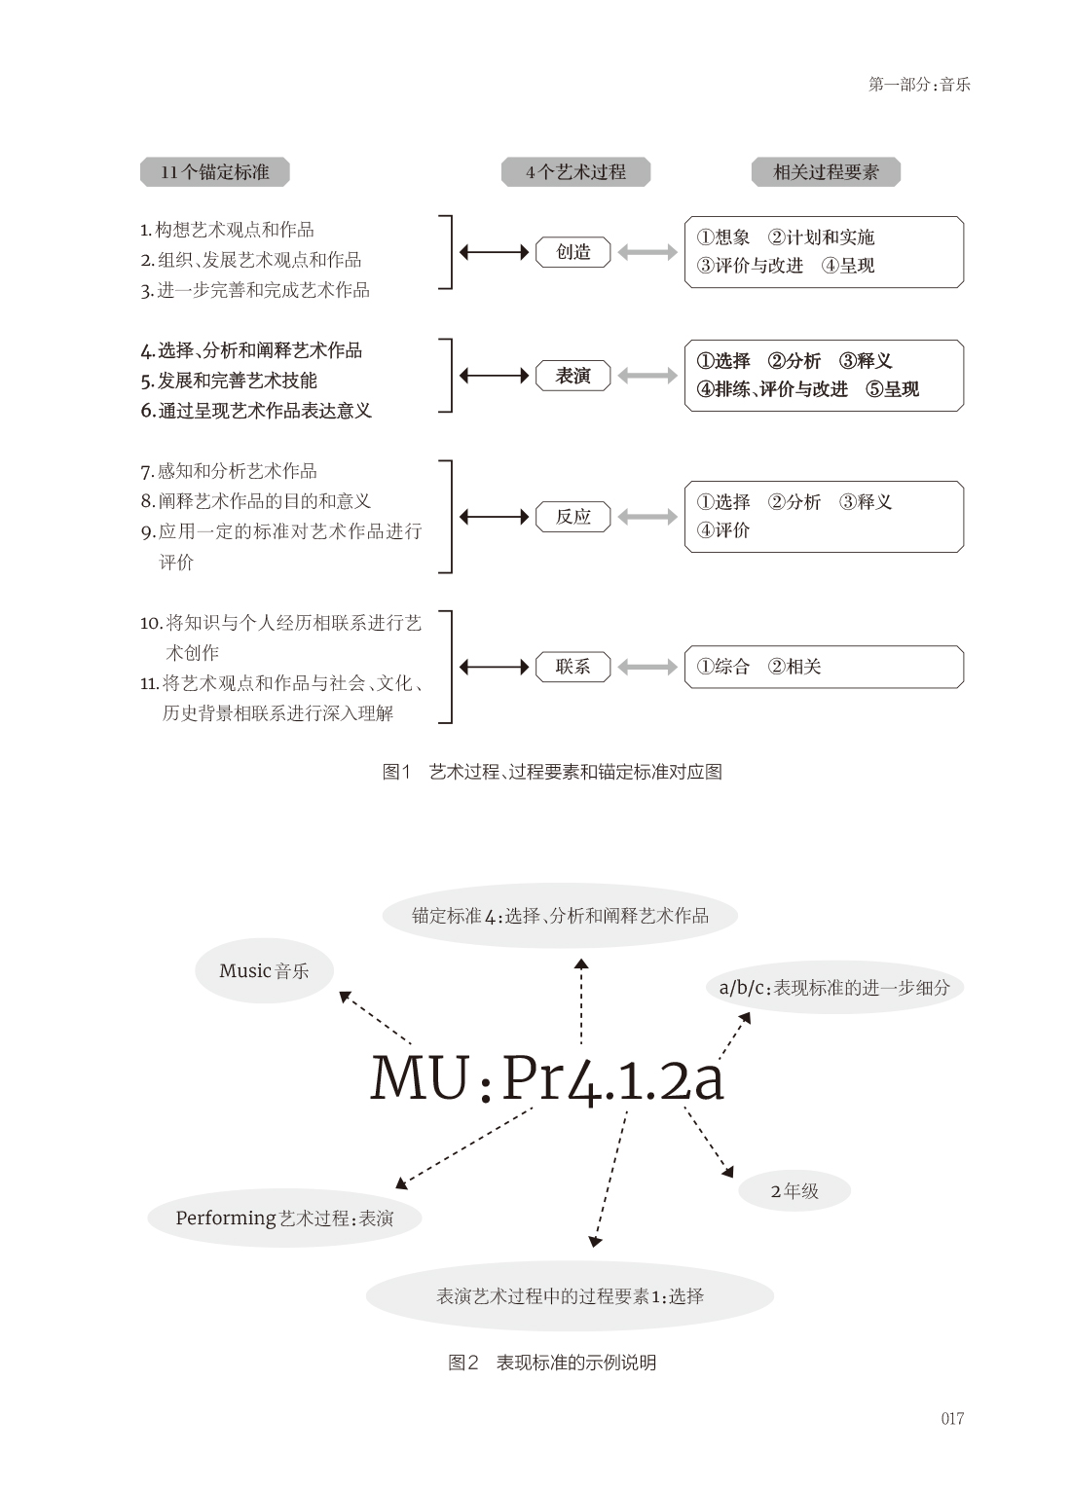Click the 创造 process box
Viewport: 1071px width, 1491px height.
tap(572, 252)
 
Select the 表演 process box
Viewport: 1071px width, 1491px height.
tap(572, 376)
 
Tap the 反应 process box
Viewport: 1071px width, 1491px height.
tap(572, 517)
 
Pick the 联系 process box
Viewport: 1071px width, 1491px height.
tap(572, 667)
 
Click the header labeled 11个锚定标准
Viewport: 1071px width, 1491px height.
tap(215, 172)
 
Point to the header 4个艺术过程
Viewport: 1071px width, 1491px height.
tap(575, 172)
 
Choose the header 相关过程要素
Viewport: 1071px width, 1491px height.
tap(826, 172)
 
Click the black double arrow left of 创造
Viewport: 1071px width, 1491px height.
tap(494, 253)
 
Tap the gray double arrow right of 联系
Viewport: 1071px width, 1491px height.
tap(647, 667)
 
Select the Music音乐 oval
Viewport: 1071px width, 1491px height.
tap(264, 970)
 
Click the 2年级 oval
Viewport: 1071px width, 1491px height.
tap(794, 1190)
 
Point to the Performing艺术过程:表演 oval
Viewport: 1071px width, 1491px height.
tap(284, 1218)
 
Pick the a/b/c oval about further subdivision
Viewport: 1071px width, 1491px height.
tap(834, 987)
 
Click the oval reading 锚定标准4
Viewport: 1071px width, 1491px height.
tap(560, 916)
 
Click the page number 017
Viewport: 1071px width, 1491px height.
tap(952, 1418)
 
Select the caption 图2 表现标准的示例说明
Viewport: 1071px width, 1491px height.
tap(552, 1363)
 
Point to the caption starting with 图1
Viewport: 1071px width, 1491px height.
tap(552, 772)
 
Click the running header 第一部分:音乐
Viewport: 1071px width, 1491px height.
tap(919, 84)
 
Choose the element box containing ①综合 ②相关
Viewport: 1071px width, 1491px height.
tap(824, 667)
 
